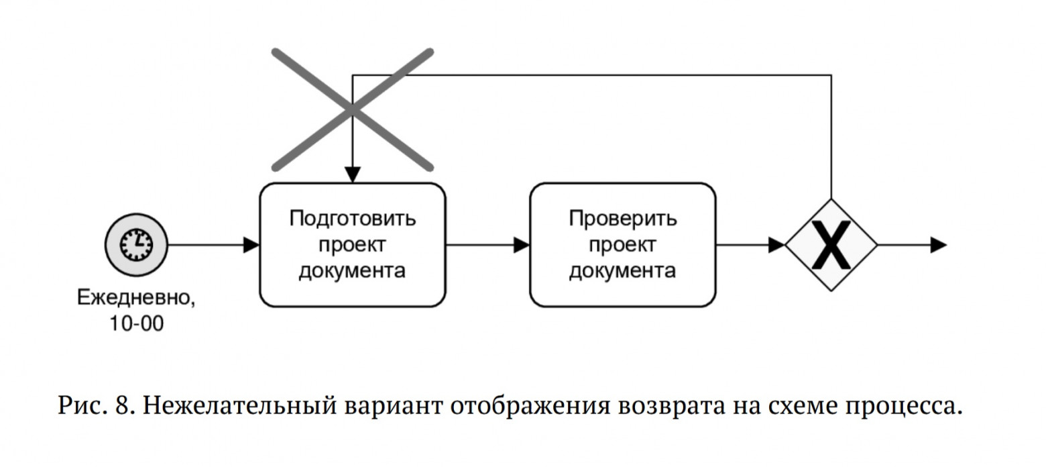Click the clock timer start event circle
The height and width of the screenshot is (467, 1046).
tap(136, 245)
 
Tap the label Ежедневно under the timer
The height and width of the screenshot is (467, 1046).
tap(136, 297)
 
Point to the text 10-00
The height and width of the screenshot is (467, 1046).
tap(137, 323)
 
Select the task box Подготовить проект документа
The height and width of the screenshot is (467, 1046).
tap(353, 245)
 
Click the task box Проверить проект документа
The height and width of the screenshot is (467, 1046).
tap(622, 245)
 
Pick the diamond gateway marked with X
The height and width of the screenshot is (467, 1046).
tap(831, 245)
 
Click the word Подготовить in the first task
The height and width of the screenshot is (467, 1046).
tap(353, 219)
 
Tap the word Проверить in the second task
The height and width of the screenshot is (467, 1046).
tap(623, 219)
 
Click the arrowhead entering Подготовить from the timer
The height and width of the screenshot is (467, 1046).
tap(251, 245)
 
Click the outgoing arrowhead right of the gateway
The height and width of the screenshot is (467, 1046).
tap(939, 245)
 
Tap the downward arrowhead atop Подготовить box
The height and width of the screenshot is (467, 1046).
tap(353, 174)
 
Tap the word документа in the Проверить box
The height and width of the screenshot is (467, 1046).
tap(622, 271)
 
